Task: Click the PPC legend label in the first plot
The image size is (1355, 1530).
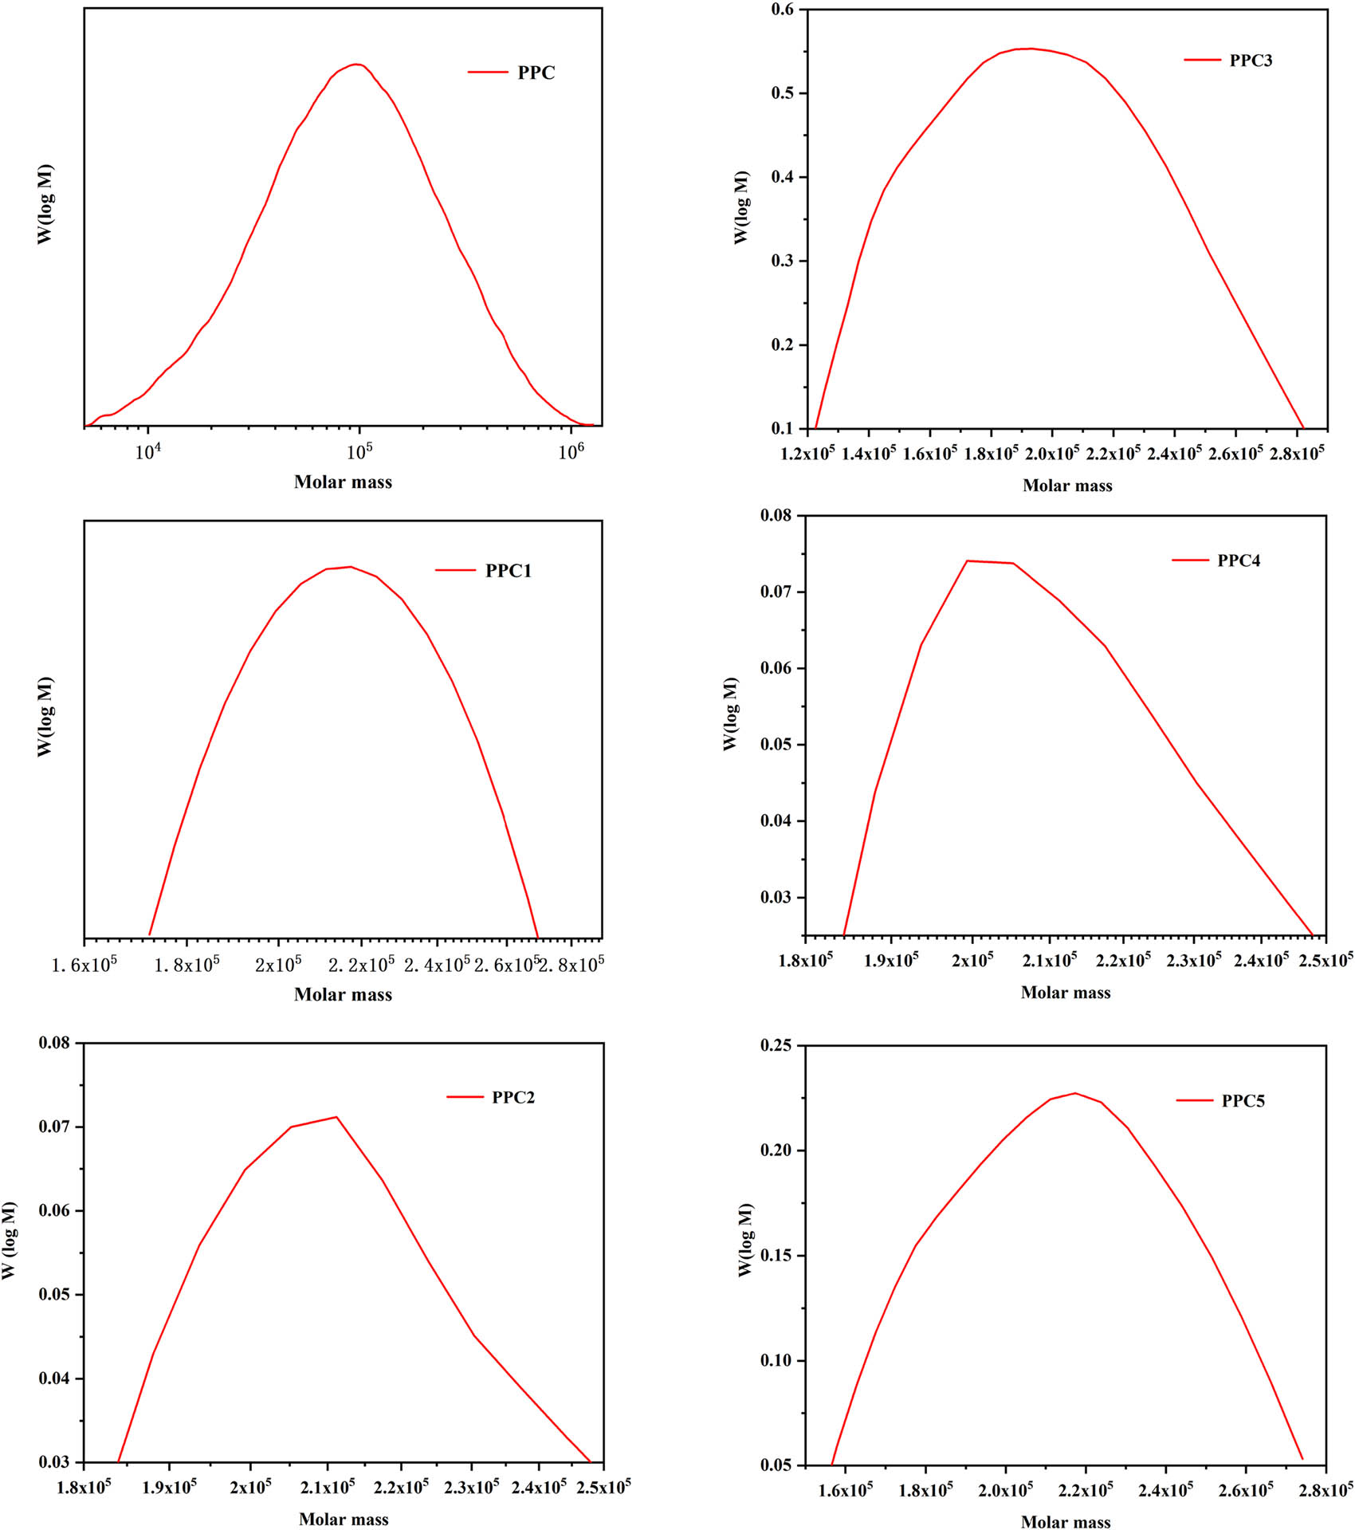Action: (x=536, y=73)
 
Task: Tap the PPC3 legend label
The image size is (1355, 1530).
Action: (x=1251, y=61)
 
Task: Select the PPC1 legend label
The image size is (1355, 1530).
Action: (x=508, y=571)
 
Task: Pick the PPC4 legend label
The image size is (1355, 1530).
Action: (x=1239, y=560)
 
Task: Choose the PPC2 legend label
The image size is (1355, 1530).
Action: (x=513, y=1097)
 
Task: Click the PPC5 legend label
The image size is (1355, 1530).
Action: (x=1243, y=1101)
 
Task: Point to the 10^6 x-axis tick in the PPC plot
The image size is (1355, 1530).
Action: (x=571, y=452)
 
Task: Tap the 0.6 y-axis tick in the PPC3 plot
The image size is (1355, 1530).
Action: (x=783, y=10)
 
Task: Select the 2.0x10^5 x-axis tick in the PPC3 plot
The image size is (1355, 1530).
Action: (x=1051, y=453)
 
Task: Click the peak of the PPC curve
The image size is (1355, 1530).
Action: (x=356, y=65)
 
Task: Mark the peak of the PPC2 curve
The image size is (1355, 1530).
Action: (x=336, y=1117)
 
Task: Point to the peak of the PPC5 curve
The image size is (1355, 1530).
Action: (x=1074, y=1093)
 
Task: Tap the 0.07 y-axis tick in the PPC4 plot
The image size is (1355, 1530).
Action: (x=776, y=592)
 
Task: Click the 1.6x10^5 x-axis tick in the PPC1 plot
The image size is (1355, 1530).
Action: (x=84, y=966)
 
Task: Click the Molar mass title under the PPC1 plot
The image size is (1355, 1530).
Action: (x=343, y=994)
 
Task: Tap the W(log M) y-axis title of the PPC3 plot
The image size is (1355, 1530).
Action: (x=741, y=207)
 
